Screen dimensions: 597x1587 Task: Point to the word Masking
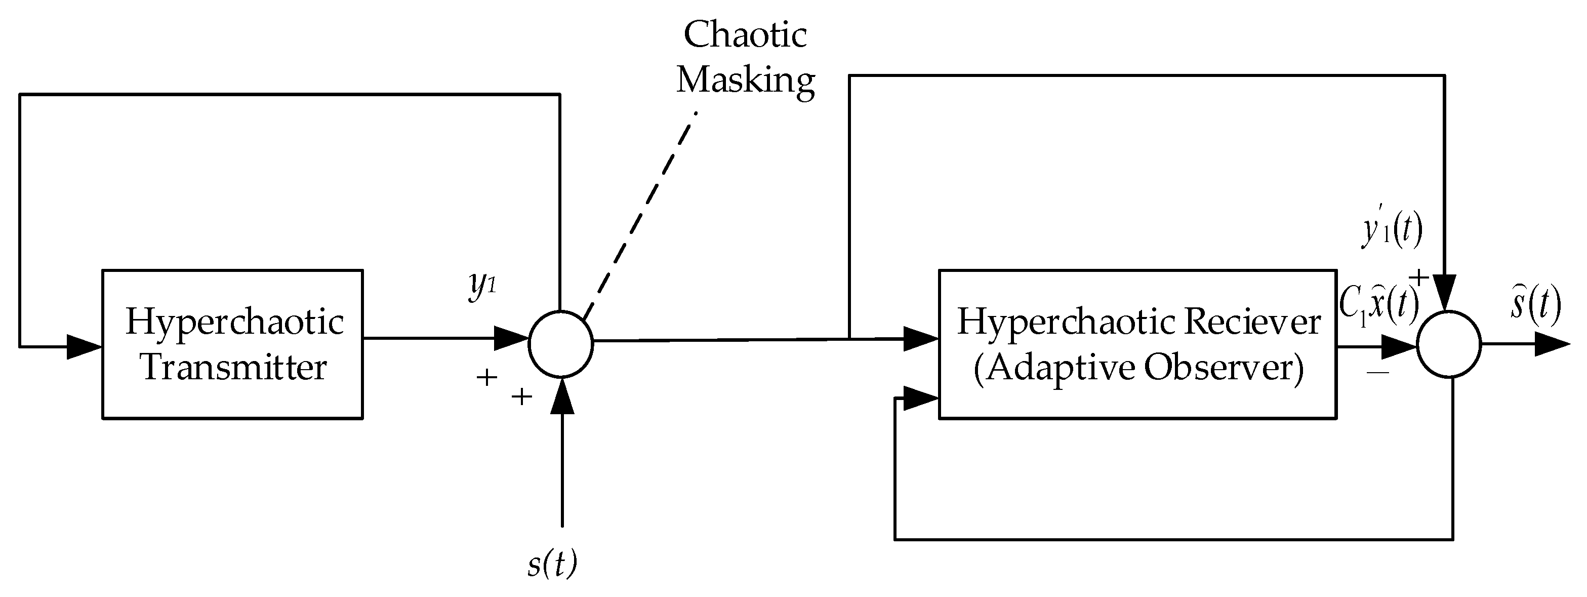coord(746,81)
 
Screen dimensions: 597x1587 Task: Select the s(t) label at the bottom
coord(552,563)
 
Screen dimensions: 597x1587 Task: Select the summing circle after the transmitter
coord(560,344)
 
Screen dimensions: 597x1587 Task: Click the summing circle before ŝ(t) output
coord(1449,344)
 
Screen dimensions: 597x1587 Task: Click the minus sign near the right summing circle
coord(1377,372)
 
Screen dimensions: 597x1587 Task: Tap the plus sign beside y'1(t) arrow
coord(1419,278)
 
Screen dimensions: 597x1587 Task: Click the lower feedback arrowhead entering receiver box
coord(920,399)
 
